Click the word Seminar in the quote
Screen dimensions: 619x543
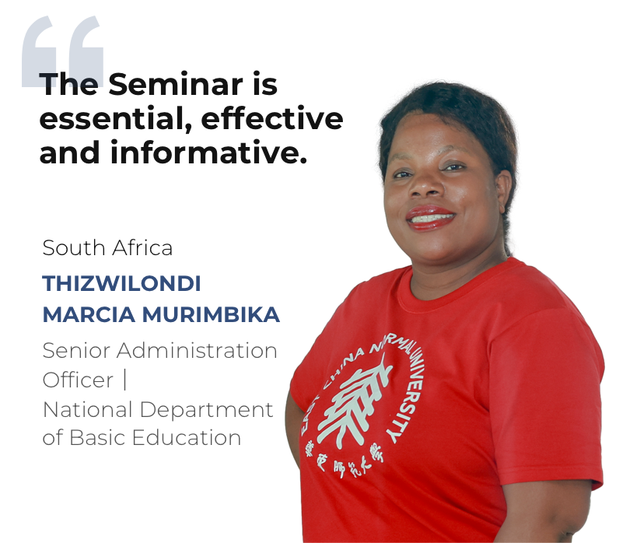[x=176, y=84]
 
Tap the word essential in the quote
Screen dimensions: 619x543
[x=115, y=119]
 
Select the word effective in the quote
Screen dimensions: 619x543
[x=272, y=117]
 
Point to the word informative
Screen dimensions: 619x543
[x=208, y=152]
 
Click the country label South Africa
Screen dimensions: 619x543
[x=107, y=248]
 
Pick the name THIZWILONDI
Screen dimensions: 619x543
[x=121, y=283]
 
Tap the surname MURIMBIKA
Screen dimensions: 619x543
[x=211, y=315]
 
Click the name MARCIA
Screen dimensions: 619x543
[x=89, y=315]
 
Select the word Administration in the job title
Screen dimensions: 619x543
[x=197, y=351]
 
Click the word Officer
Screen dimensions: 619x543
[x=78, y=380]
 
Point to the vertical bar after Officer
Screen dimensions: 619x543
[x=125, y=380]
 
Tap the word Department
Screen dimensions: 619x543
[x=206, y=410]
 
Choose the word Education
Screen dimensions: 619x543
[x=187, y=437]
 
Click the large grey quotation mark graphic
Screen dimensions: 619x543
[x=63, y=51]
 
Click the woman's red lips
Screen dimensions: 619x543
[x=430, y=218]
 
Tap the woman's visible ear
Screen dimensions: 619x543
[x=504, y=192]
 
